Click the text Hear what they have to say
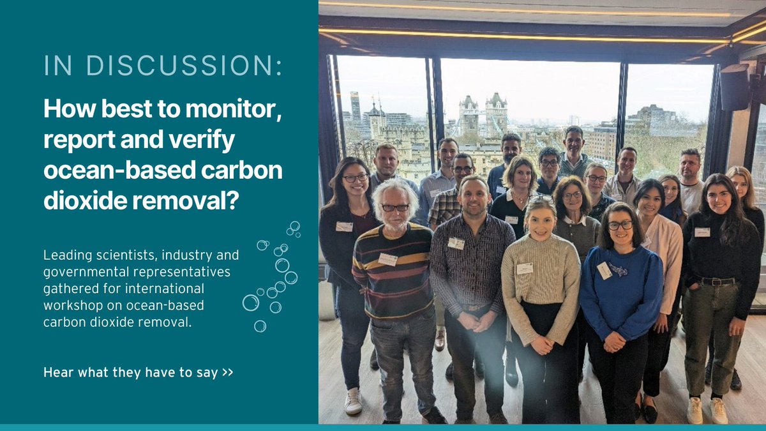[131, 372]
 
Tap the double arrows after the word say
[228, 372]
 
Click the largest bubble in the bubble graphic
[251, 302]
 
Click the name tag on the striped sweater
[387, 259]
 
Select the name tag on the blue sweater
[604, 270]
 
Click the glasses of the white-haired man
[396, 207]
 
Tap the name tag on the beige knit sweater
[525, 268]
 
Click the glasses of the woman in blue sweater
[620, 225]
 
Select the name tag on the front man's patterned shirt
[456, 243]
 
